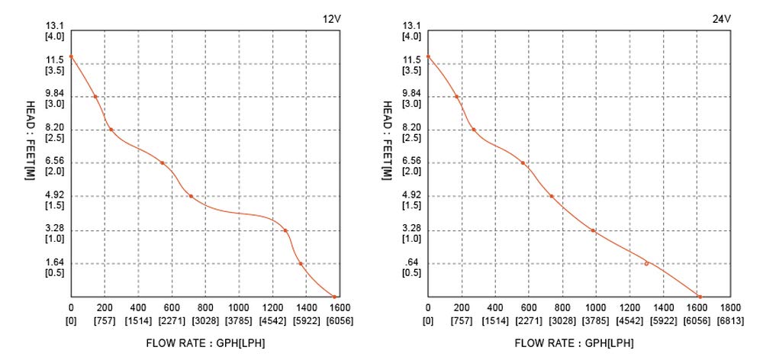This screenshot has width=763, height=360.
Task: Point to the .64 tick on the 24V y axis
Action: click(x=410, y=262)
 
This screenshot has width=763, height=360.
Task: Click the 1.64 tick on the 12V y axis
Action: click(x=55, y=262)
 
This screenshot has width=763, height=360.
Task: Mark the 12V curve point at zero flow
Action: click(x=71, y=56)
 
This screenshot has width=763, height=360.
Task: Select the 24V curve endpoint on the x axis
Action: click(x=699, y=297)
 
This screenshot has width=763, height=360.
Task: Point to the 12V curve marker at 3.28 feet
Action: click(x=285, y=230)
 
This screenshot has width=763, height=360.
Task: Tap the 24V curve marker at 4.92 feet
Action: click(x=551, y=196)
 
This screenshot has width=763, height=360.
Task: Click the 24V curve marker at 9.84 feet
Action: click(x=456, y=97)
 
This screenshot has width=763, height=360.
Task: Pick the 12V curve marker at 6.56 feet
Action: click(x=162, y=162)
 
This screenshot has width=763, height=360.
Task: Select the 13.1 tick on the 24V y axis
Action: click(x=411, y=26)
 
